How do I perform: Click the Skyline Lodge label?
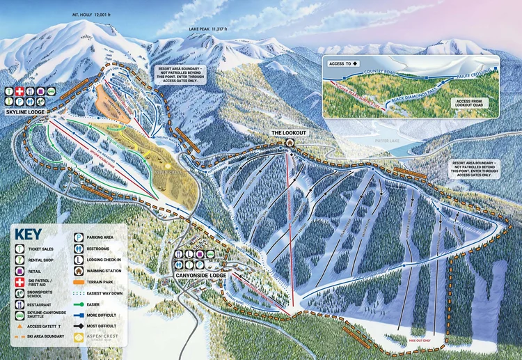pyautogui.click(x=26, y=111)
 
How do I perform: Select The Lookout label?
pyautogui.click(x=287, y=133)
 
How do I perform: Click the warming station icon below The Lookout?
pyautogui.click(x=288, y=143)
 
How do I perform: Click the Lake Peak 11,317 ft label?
pyautogui.click(x=208, y=29)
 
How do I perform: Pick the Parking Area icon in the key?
pyautogui.click(x=79, y=237)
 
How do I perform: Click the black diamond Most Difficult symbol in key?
pyautogui.click(x=79, y=324)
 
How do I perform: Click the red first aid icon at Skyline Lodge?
pyautogui.click(x=19, y=91)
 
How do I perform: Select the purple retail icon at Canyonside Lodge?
pyautogui.click(x=200, y=265)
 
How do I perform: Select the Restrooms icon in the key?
pyautogui.click(x=79, y=249)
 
